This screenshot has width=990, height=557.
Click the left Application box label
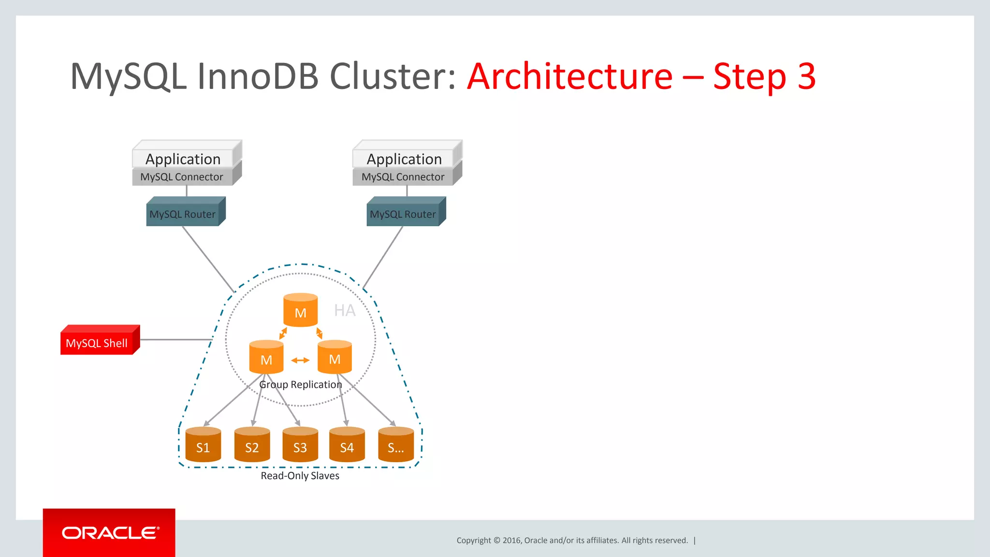[183, 159]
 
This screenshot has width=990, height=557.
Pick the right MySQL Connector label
[403, 177]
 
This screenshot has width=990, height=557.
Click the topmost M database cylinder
[300, 311]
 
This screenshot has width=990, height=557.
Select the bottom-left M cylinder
[266, 358]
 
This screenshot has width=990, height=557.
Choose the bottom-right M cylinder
[335, 358]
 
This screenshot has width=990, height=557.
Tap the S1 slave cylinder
[203, 445]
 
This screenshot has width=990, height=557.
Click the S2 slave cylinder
[252, 445]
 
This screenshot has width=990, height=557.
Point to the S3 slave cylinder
[300, 445]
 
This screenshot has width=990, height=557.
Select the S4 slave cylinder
[347, 445]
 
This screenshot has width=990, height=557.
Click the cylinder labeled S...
[396, 445]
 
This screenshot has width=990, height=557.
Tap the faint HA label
[345, 310]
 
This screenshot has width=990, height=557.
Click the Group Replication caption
[300, 384]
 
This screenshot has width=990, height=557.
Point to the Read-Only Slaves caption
[300, 476]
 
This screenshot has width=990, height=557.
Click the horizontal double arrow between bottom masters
[300, 360]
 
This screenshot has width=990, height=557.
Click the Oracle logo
[110, 533]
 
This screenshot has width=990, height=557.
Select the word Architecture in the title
[570, 76]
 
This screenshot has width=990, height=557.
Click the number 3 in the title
[806, 76]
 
